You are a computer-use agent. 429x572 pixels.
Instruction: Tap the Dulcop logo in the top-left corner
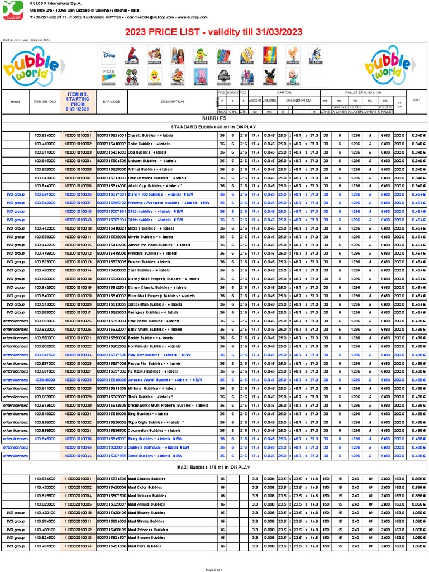(13, 10)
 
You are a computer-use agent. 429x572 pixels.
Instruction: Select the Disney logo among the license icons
(108, 54)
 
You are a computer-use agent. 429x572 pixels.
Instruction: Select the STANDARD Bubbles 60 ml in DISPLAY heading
(214, 127)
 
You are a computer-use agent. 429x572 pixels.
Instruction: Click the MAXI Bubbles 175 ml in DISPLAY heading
(214, 467)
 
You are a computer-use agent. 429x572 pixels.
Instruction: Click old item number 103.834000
(45, 135)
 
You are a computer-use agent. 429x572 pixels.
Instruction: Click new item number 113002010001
(78, 479)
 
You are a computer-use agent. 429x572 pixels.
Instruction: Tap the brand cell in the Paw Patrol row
(16, 321)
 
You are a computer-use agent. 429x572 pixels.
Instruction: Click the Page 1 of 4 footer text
(214, 569)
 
